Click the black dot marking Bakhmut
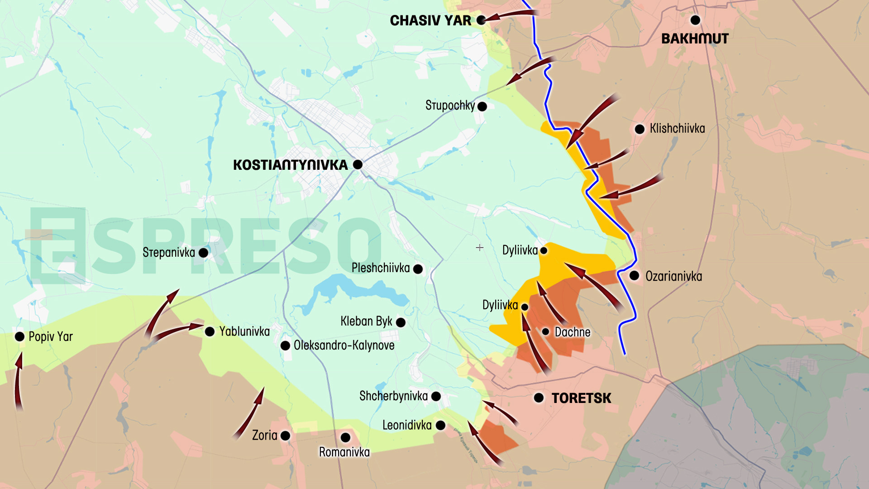[x=695, y=20]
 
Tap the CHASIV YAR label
[x=430, y=20]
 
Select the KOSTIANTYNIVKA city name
[x=290, y=165]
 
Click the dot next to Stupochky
[x=482, y=106]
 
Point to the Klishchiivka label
[x=677, y=129]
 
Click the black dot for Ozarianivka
[x=634, y=275]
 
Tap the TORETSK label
[x=581, y=398]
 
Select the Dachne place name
[x=573, y=332]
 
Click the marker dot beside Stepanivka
[x=204, y=253]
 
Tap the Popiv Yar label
[x=51, y=336]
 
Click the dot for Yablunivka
[x=210, y=331]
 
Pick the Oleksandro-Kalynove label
[x=344, y=345]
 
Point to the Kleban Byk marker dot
[x=401, y=322]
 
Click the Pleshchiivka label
[x=381, y=268]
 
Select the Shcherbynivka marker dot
[x=436, y=397]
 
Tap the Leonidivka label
[x=407, y=425]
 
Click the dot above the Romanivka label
[x=345, y=437]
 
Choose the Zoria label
[x=264, y=436]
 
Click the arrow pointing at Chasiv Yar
[x=511, y=15]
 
